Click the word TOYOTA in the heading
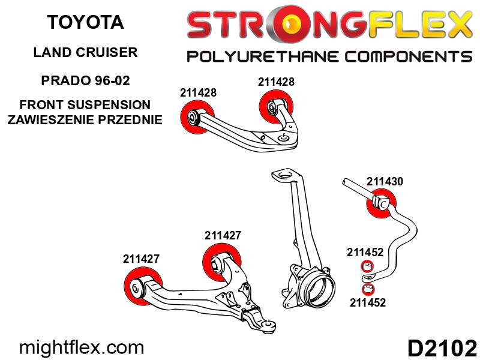pos(85,22)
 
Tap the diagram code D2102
pos(442,348)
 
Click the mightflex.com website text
pos(82,347)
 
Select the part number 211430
pos(385,181)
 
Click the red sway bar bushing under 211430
pos(381,203)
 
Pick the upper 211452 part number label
pos(365,252)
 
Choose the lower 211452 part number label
pos(368,302)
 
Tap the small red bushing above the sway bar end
pos(367,266)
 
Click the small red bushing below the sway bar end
pos(368,289)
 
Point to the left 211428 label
pos(198,92)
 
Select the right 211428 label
pos(276,82)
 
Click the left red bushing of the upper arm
pos(197,116)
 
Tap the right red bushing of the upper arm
pos(276,107)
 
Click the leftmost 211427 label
pos(141,259)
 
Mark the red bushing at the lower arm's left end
pos(143,286)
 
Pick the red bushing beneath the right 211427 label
pos(222,262)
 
